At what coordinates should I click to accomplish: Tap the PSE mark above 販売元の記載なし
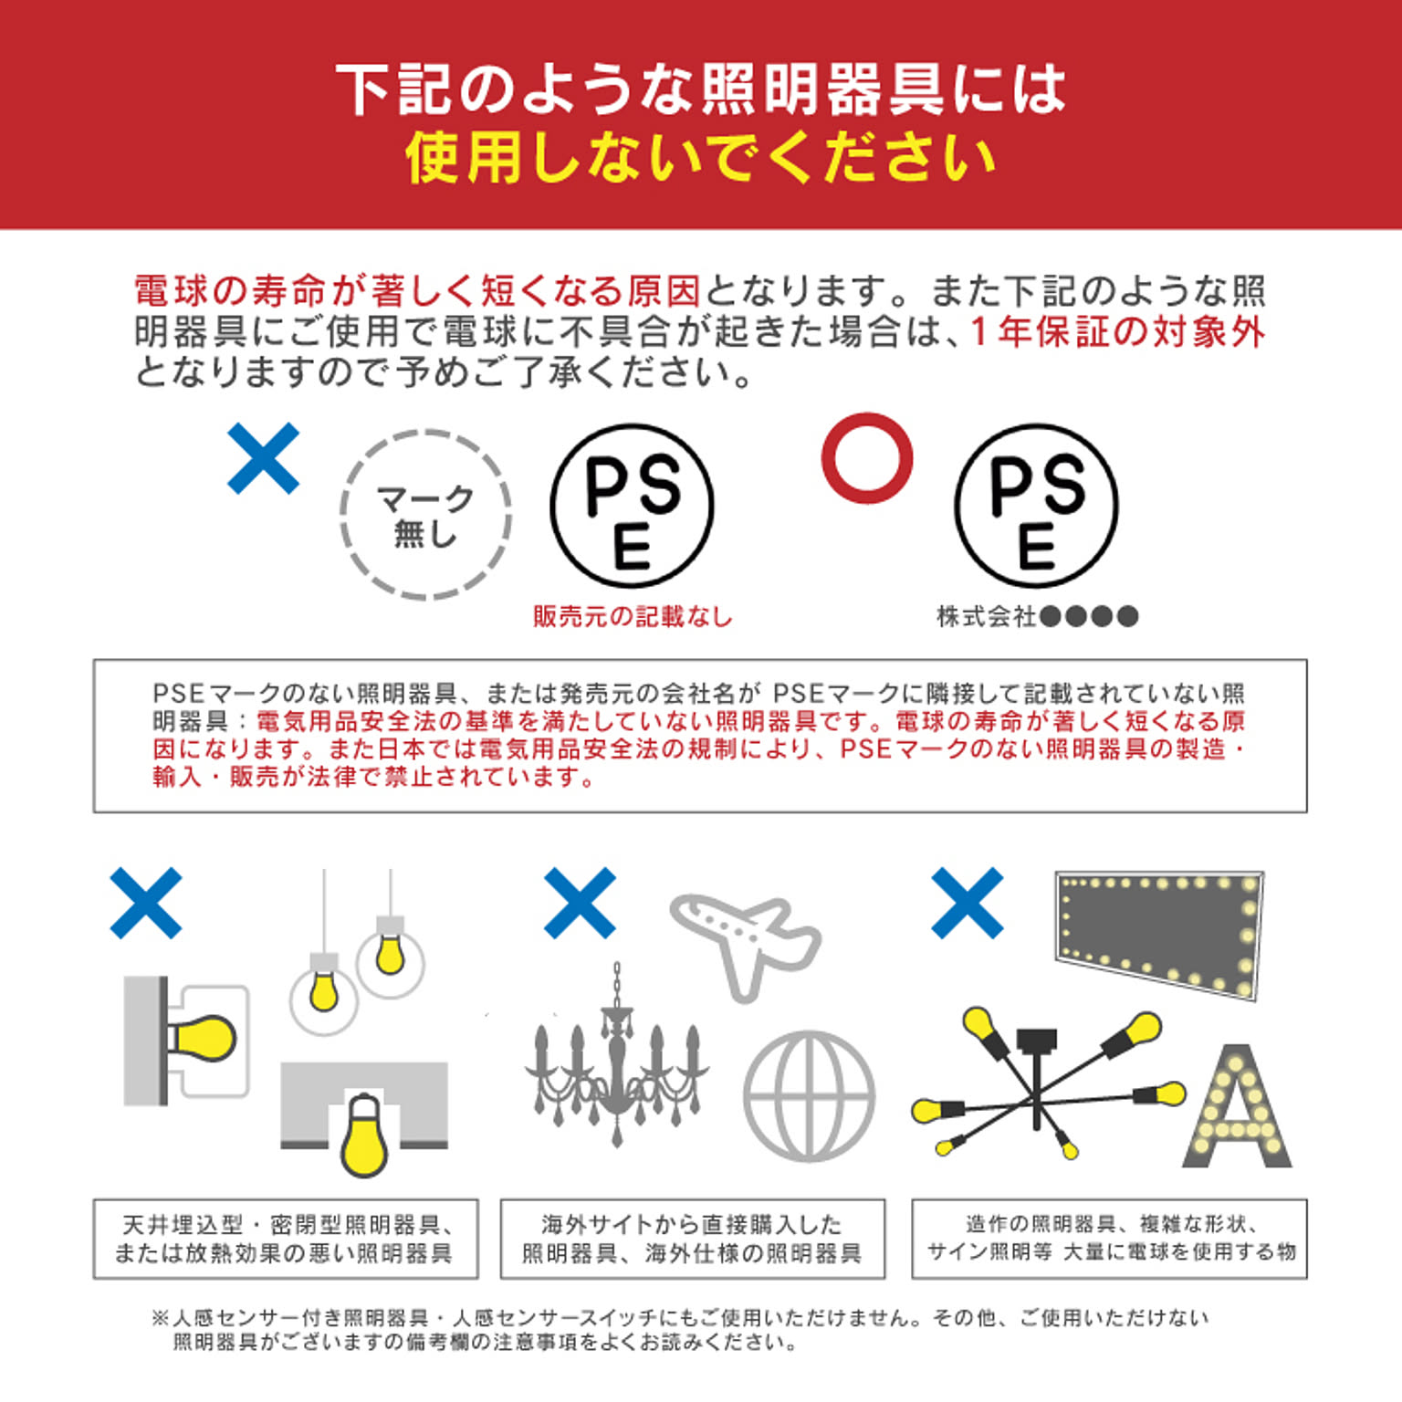click(x=632, y=506)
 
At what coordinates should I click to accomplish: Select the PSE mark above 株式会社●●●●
click(x=1037, y=506)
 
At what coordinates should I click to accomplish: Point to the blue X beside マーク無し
click(x=263, y=458)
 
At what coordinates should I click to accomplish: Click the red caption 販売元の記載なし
click(x=633, y=617)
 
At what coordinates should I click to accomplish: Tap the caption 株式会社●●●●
click(x=1038, y=617)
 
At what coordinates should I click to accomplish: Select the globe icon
click(x=810, y=1096)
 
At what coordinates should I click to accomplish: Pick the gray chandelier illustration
click(x=617, y=1059)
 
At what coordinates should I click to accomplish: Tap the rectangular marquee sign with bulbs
click(x=1159, y=931)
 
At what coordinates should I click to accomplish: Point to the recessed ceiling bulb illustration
click(x=364, y=1135)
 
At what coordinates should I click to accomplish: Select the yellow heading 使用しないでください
click(x=700, y=157)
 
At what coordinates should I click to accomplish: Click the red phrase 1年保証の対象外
click(x=1117, y=331)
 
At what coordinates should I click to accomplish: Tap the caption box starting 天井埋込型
click(x=286, y=1239)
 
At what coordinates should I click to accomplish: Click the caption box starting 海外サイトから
click(x=693, y=1239)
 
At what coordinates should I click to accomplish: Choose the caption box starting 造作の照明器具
click(x=1110, y=1239)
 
